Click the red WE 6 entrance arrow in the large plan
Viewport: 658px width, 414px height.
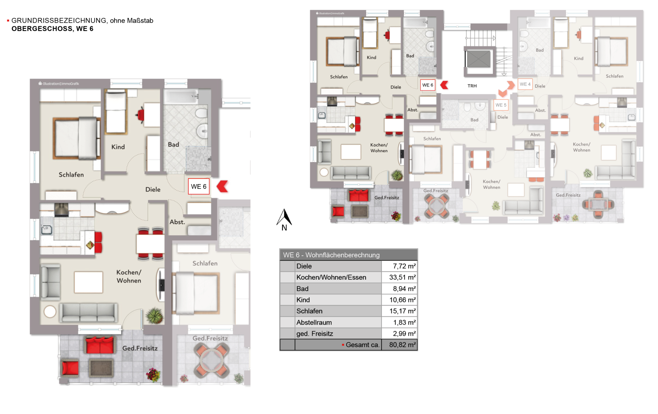tap(222, 186)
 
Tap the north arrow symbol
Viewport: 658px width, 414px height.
tap(284, 218)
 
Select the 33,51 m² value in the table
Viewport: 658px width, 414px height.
tap(402, 277)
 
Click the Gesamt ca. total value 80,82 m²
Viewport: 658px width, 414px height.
tap(402, 345)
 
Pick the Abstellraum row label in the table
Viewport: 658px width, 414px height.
tap(314, 322)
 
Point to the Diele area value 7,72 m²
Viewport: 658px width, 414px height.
tap(404, 266)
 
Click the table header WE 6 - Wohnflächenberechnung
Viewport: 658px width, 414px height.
tap(331, 255)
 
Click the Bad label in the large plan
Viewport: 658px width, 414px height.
tap(173, 144)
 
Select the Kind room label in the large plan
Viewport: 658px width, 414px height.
tap(118, 147)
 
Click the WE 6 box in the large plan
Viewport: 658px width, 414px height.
tap(199, 187)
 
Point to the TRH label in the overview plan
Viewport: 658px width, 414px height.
tap(472, 86)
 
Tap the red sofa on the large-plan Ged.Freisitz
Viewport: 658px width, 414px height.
tap(100, 345)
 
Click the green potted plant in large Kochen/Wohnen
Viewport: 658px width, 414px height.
tap(155, 316)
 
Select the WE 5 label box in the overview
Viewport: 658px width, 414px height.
tap(501, 105)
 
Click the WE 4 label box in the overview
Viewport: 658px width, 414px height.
tap(525, 84)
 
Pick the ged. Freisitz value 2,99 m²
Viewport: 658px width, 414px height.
tap(404, 334)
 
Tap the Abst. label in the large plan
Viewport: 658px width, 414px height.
tap(177, 222)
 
